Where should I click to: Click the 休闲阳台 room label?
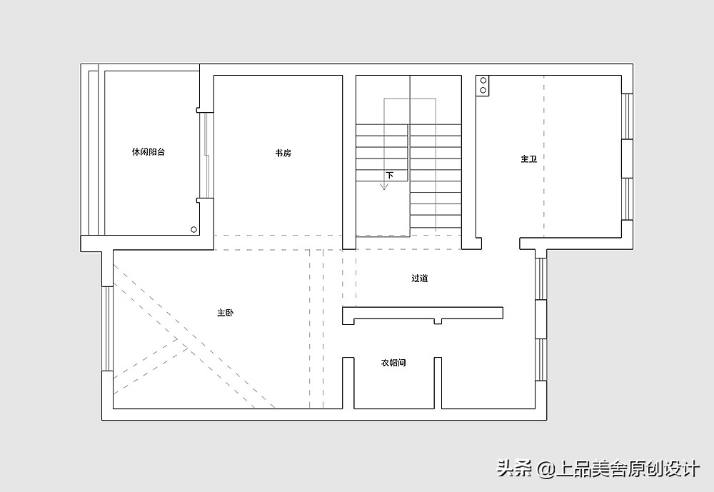point(148,152)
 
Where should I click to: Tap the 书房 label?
point(283,153)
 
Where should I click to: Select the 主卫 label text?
point(528,159)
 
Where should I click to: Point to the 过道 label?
point(419,278)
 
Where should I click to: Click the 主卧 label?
point(226,313)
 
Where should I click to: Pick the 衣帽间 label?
point(393,363)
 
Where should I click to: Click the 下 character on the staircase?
point(390,175)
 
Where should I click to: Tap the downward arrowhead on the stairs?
point(384,187)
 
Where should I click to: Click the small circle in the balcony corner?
point(193,229)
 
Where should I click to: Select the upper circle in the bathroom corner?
point(483,81)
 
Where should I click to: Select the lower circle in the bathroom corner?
point(483,90)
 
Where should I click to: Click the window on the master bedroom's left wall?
point(107,328)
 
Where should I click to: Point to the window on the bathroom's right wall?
point(627,157)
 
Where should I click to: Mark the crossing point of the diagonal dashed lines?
point(186,346)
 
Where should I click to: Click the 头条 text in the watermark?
point(513,469)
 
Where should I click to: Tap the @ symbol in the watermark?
point(545,469)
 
